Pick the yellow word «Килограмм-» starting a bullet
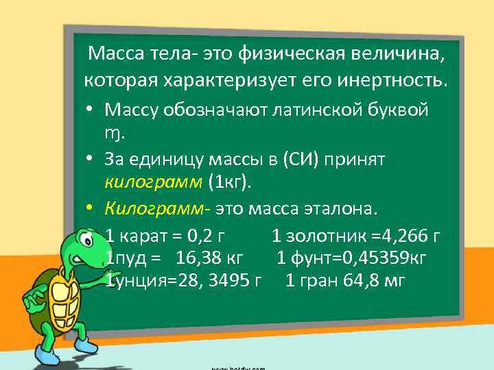point(158,207)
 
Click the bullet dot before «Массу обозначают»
point(91,110)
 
